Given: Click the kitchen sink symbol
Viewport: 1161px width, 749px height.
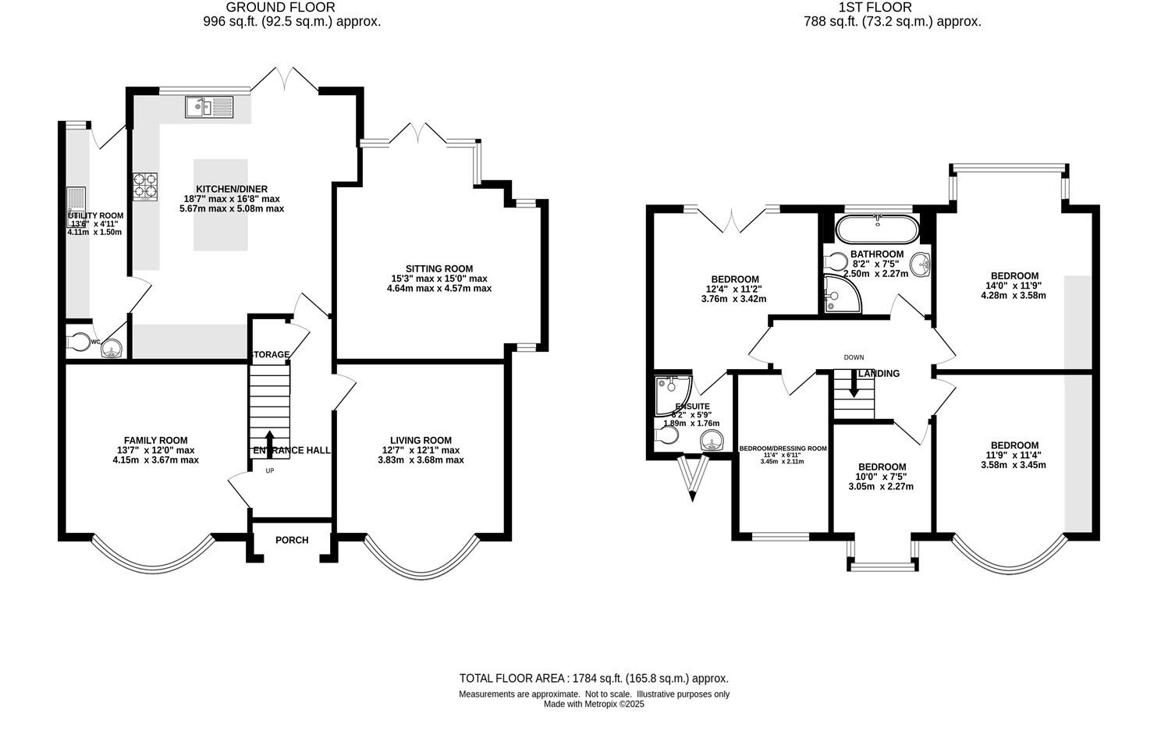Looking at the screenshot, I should [x=209, y=106].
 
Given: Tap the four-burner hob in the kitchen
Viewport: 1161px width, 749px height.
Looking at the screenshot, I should [x=144, y=186].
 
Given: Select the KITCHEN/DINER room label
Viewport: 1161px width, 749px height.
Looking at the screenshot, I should [x=221, y=189].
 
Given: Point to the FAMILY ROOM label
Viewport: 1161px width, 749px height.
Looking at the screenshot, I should [x=155, y=441].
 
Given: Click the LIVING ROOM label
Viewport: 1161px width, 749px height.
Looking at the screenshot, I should [x=421, y=441].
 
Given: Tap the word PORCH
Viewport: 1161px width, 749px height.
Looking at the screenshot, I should [x=292, y=540].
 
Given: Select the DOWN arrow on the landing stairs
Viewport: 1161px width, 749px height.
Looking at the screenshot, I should [x=854, y=385].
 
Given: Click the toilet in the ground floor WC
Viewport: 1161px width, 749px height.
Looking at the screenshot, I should [x=80, y=342].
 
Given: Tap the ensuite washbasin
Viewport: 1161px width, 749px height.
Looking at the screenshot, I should [x=711, y=441].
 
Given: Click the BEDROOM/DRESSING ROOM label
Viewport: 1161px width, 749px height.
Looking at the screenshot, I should [x=782, y=449].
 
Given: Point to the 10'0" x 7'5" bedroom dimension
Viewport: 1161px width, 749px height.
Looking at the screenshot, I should [x=882, y=476].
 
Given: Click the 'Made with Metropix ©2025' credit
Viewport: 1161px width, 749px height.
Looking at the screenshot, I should [x=594, y=704].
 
